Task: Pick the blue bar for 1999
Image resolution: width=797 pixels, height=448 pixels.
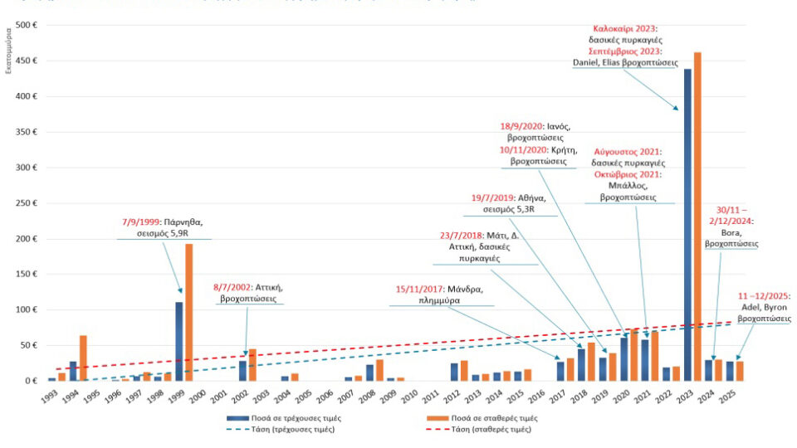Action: click(178, 340)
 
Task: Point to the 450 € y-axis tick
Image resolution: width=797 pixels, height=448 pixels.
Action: click(27, 61)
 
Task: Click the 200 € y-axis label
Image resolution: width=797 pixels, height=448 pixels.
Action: click(27, 239)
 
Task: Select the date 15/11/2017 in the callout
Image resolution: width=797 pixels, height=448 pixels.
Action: click(423, 290)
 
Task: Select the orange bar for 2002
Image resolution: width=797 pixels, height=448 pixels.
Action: click(252, 365)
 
